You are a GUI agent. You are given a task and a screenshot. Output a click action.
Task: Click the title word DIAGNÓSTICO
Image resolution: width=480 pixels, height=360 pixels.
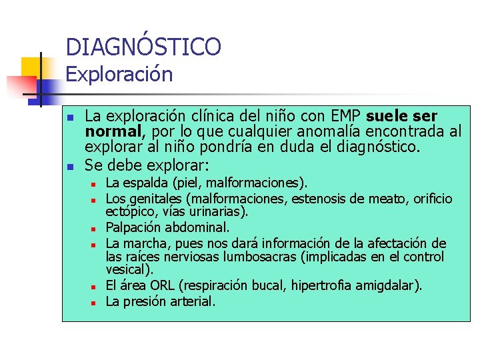coord(143,47)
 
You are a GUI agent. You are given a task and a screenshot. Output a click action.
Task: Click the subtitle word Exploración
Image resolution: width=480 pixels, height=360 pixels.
coord(119,74)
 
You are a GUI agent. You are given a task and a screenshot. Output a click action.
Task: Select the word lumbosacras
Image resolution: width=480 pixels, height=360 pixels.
coord(257,257)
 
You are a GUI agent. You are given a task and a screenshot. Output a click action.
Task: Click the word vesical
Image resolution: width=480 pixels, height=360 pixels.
coord(127,270)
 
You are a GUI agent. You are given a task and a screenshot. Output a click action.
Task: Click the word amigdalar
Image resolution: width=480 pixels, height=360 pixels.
coord(390,285)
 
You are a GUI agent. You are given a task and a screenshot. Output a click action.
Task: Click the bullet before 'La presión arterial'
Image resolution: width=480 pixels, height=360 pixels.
coord(95,303)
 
